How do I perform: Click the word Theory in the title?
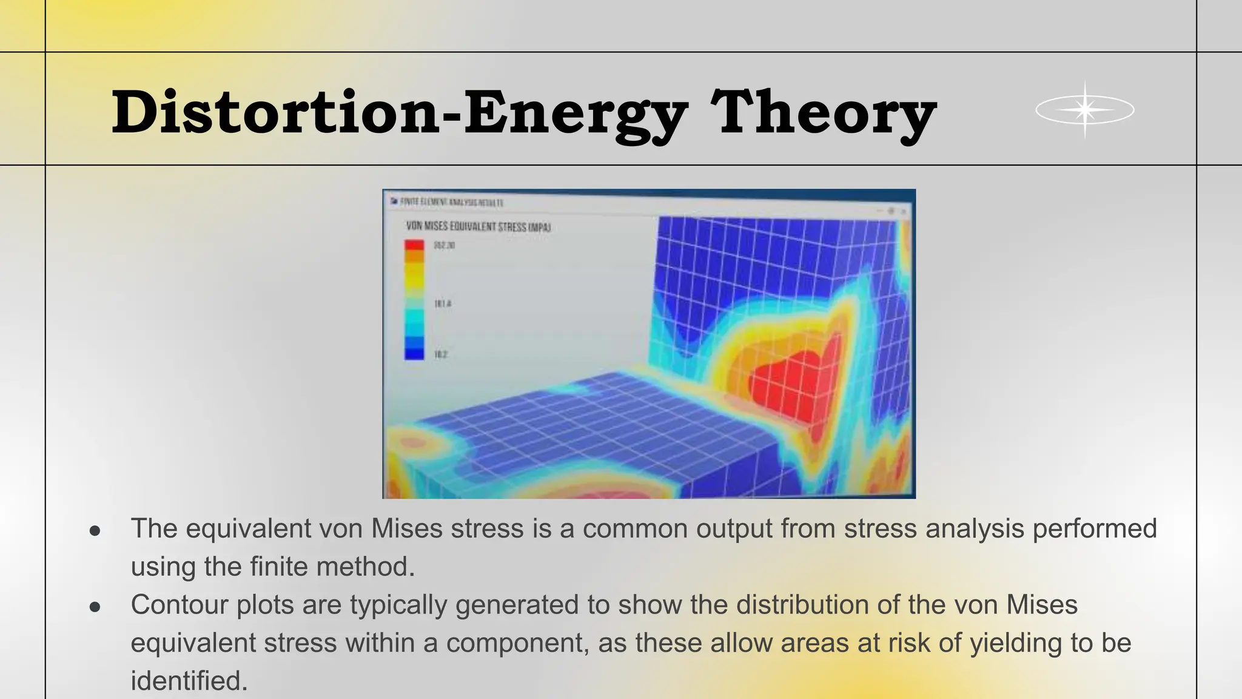click(x=824, y=112)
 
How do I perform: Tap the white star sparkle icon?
click(x=1085, y=110)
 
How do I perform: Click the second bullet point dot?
click(x=95, y=607)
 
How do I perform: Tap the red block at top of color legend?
click(x=414, y=245)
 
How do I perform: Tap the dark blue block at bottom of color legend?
click(x=414, y=354)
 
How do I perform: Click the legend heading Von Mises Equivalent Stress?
click(x=478, y=227)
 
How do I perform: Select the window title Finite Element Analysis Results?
click(x=452, y=202)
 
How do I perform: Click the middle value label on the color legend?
click(x=443, y=303)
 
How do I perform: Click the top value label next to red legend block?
click(x=444, y=245)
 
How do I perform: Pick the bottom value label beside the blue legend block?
click(x=441, y=354)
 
